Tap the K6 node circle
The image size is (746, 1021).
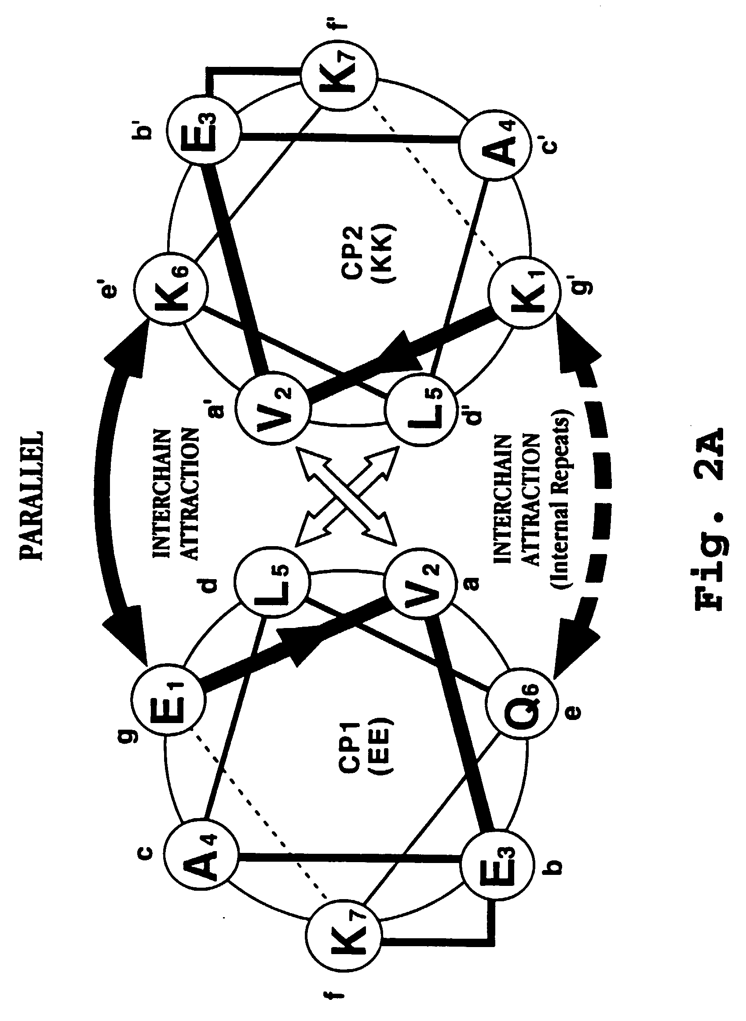[x=170, y=289]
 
